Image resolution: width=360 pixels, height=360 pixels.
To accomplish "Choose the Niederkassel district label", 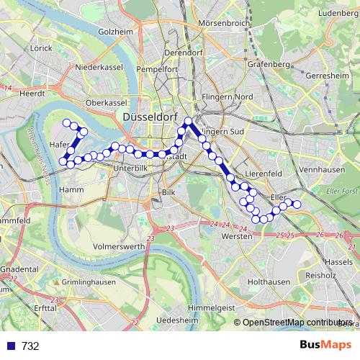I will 96,67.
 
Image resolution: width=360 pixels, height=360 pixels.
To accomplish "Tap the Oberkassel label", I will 105,102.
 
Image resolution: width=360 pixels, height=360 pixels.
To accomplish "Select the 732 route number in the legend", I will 30,346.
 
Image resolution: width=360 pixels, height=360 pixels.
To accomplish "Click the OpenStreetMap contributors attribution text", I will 297,323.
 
